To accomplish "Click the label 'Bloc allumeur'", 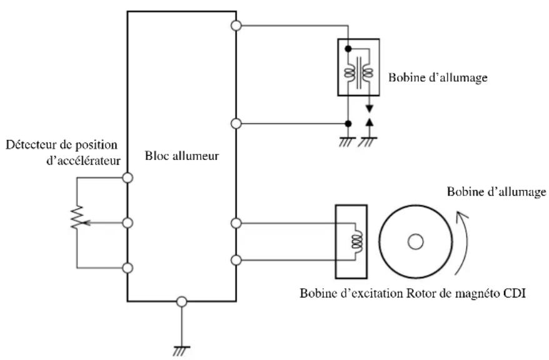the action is (x=182, y=156).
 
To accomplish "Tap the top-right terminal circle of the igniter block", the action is (x=236, y=26).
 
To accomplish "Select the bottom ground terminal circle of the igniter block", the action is (x=181, y=302).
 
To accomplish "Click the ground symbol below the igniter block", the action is (x=181, y=351).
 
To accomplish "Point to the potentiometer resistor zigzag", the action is (x=77, y=217).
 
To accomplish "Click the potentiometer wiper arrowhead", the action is (x=86, y=222).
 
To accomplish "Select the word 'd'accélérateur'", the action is (x=83, y=161).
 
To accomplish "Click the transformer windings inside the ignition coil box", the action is (x=358, y=72).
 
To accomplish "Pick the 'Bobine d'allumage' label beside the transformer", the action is (x=438, y=77).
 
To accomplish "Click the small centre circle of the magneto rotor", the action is (x=416, y=242).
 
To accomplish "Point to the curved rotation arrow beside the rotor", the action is (x=463, y=242).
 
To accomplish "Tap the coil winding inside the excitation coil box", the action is (x=358, y=241).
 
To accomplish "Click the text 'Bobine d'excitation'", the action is (x=351, y=293).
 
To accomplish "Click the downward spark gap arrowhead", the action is (x=369, y=109).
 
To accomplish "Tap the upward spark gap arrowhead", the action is (x=369, y=122).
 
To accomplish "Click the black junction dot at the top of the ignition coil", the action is (x=348, y=49).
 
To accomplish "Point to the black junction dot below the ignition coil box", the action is (x=348, y=124).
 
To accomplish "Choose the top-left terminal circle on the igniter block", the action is (x=128, y=177).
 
